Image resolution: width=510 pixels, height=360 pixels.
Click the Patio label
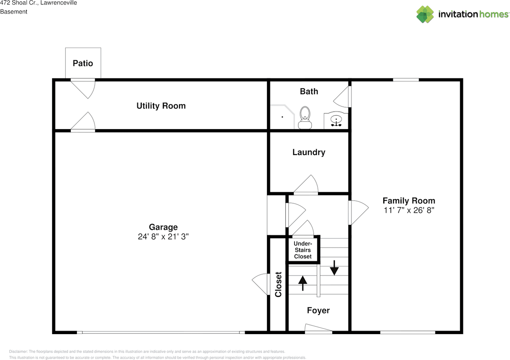click(x=83, y=63)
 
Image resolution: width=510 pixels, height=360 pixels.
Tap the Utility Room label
click(x=161, y=106)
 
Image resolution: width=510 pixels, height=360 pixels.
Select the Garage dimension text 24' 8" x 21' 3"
click(x=163, y=236)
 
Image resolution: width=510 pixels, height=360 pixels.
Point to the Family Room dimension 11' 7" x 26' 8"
click(x=409, y=210)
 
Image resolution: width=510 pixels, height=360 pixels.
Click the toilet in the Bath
click(x=305, y=118)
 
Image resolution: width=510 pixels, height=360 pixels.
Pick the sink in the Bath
click(x=336, y=120)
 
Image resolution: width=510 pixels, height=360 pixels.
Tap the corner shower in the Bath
click(x=282, y=117)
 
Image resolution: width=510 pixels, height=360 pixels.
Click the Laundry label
click(x=309, y=152)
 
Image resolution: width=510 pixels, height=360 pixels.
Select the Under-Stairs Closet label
click(x=303, y=250)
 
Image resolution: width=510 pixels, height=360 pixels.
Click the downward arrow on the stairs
click(x=334, y=268)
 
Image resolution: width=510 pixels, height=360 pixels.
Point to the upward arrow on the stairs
click(x=302, y=283)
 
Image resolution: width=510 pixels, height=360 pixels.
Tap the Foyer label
click(x=318, y=310)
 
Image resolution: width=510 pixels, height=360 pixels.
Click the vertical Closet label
click(x=278, y=284)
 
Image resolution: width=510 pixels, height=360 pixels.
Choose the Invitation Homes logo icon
click(x=425, y=14)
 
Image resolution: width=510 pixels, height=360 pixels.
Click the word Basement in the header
click(x=14, y=12)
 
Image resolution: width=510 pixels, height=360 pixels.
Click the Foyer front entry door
click(x=318, y=329)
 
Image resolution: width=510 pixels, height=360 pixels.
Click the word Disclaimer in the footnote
click(x=18, y=352)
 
